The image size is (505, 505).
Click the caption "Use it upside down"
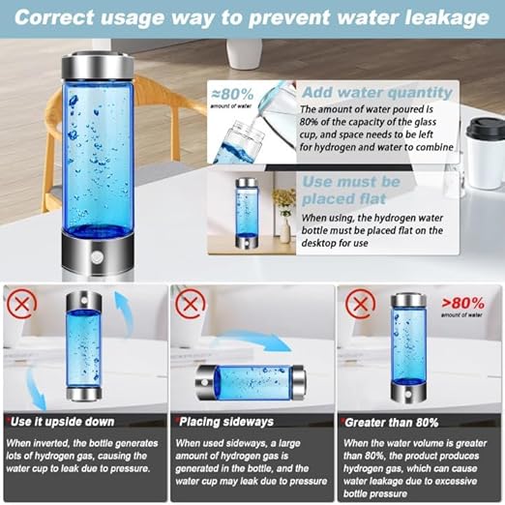click(63, 422)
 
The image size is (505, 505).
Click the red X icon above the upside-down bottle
click(19, 305)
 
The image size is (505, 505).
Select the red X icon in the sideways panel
click(188, 305)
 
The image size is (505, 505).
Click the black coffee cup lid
click(483, 128)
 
